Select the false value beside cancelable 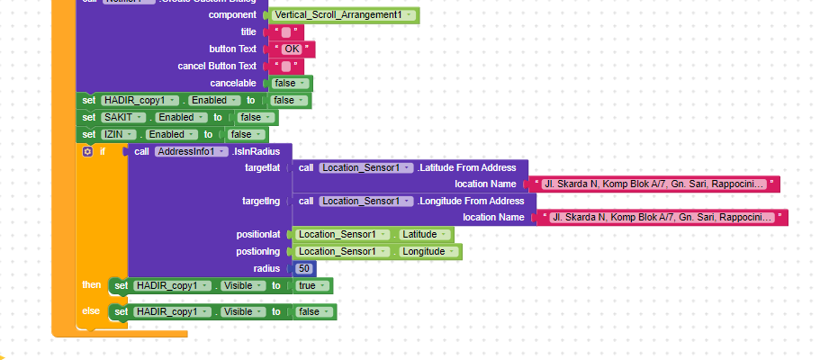tap(290, 83)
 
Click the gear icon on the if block tap(87, 151)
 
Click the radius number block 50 tap(305, 268)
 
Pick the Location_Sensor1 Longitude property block tap(377, 251)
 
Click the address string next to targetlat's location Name tap(654, 184)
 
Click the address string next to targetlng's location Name tap(662, 217)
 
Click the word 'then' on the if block tap(92, 285)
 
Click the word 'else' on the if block tap(92, 311)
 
